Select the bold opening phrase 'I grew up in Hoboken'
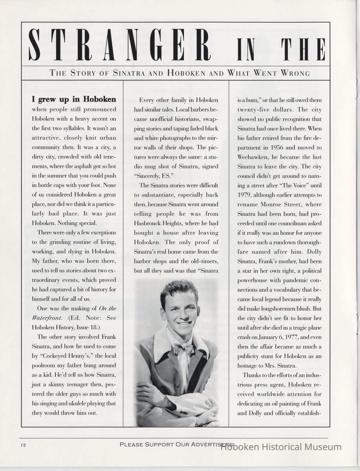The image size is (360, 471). tap(74, 99)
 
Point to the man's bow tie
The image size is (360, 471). tap(183, 348)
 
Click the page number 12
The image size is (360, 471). tap(24, 445)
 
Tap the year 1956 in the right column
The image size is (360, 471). tap(272, 147)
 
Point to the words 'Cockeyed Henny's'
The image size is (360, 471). tap(70, 355)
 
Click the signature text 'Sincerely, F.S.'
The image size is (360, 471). tap(157, 176)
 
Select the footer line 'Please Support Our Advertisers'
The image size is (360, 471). tap(177, 444)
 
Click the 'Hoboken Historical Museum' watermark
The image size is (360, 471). tap(281, 447)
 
